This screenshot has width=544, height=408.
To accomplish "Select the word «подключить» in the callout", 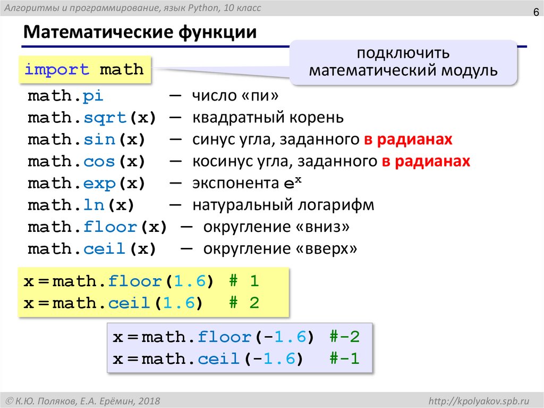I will (x=404, y=54).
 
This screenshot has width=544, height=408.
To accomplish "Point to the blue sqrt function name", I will (x=106, y=118).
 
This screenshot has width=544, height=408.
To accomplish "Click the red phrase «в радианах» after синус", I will (x=408, y=139).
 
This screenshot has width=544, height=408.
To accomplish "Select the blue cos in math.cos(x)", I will (x=100, y=161).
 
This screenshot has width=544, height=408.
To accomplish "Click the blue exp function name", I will (x=100, y=184).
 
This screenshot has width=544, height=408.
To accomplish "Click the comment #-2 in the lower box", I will (x=345, y=337).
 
